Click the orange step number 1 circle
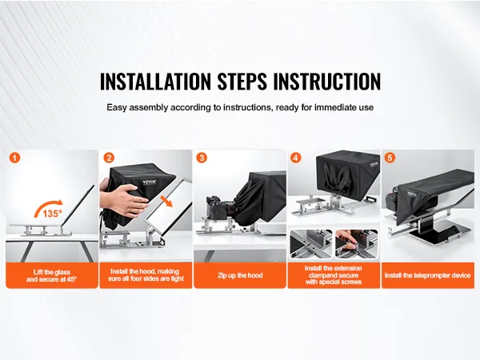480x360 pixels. tap(14, 158)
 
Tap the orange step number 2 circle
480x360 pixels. tap(109, 158)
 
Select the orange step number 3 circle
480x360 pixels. tap(202, 158)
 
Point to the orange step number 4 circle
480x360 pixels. tap(295, 158)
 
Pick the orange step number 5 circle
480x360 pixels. tap(390, 158)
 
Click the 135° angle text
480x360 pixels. tap(52, 214)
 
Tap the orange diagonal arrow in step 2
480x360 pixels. tap(167, 202)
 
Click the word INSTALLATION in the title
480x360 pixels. tap(155, 81)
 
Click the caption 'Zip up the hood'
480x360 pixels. tap(240, 275)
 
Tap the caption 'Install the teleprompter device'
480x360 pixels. tap(427, 275)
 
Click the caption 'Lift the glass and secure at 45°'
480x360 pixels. tap(52, 275)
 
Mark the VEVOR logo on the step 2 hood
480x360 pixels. tap(150, 182)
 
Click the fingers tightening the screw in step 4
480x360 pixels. tap(349, 239)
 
